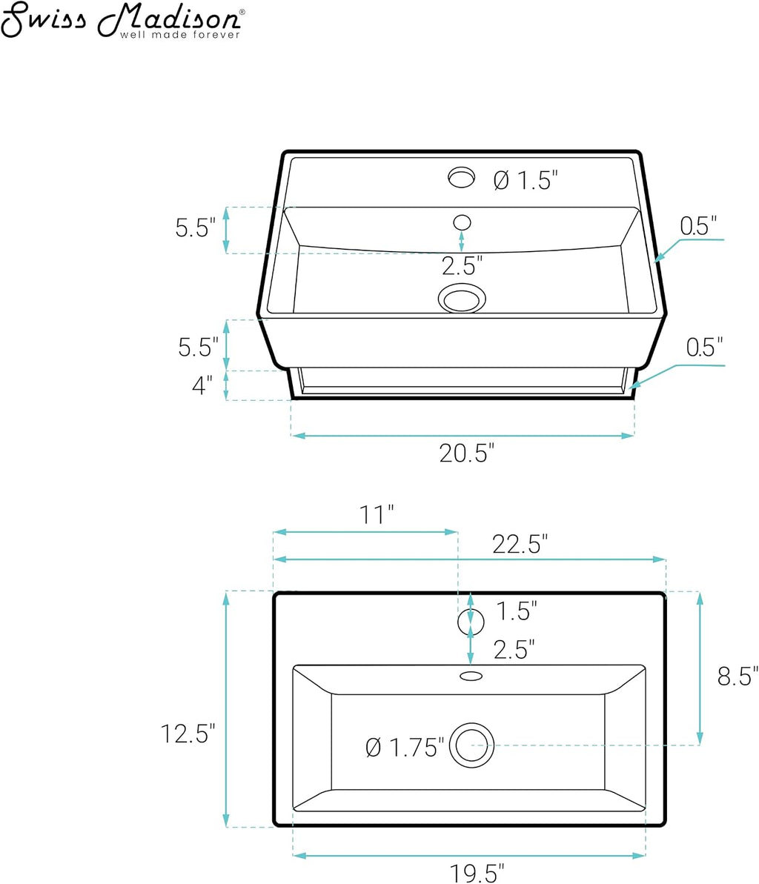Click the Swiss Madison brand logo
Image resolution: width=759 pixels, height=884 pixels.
[122, 20]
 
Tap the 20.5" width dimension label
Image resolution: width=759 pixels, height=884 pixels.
[467, 453]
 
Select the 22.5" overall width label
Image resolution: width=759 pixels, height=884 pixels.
[520, 544]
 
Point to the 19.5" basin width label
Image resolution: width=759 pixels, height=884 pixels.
[477, 873]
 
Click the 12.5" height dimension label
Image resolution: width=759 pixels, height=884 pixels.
[188, 734]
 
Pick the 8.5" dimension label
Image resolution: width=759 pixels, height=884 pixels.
[738, 676]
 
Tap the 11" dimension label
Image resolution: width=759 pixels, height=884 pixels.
[377, 514]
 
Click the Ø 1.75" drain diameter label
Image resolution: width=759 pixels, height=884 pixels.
[405, 748]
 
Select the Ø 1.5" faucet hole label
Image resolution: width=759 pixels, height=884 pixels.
[526, 180]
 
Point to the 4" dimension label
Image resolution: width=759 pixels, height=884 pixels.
[202, 385]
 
